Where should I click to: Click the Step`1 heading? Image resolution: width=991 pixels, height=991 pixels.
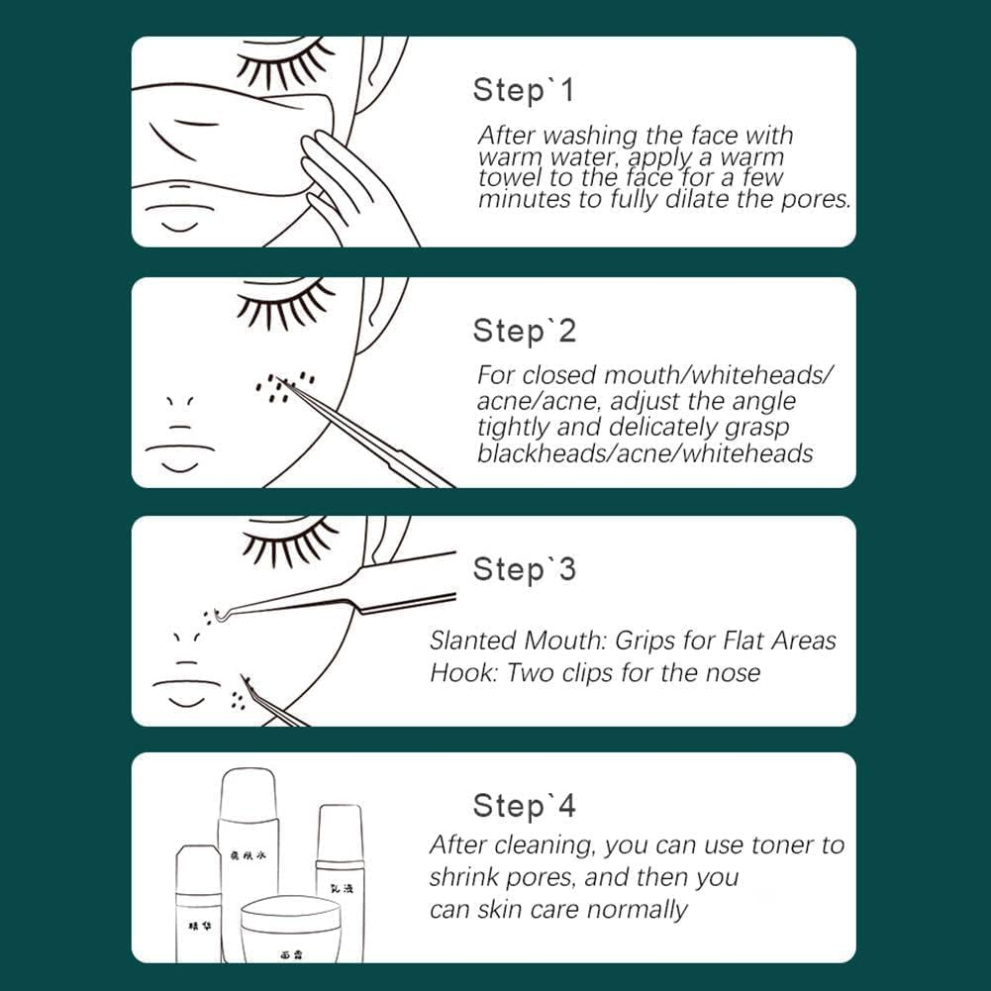(523, 90)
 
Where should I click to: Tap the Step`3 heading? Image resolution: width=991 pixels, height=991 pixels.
(524, 569)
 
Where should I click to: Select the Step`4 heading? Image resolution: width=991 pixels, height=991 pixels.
(524, 806)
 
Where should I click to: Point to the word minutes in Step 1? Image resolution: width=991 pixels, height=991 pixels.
(519, 199)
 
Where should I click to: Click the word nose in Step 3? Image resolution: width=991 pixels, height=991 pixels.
(734, 673)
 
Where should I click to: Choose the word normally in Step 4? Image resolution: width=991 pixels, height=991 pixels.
(638, 909)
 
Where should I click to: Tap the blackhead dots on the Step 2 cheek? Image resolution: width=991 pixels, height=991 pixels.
(283, 387)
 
